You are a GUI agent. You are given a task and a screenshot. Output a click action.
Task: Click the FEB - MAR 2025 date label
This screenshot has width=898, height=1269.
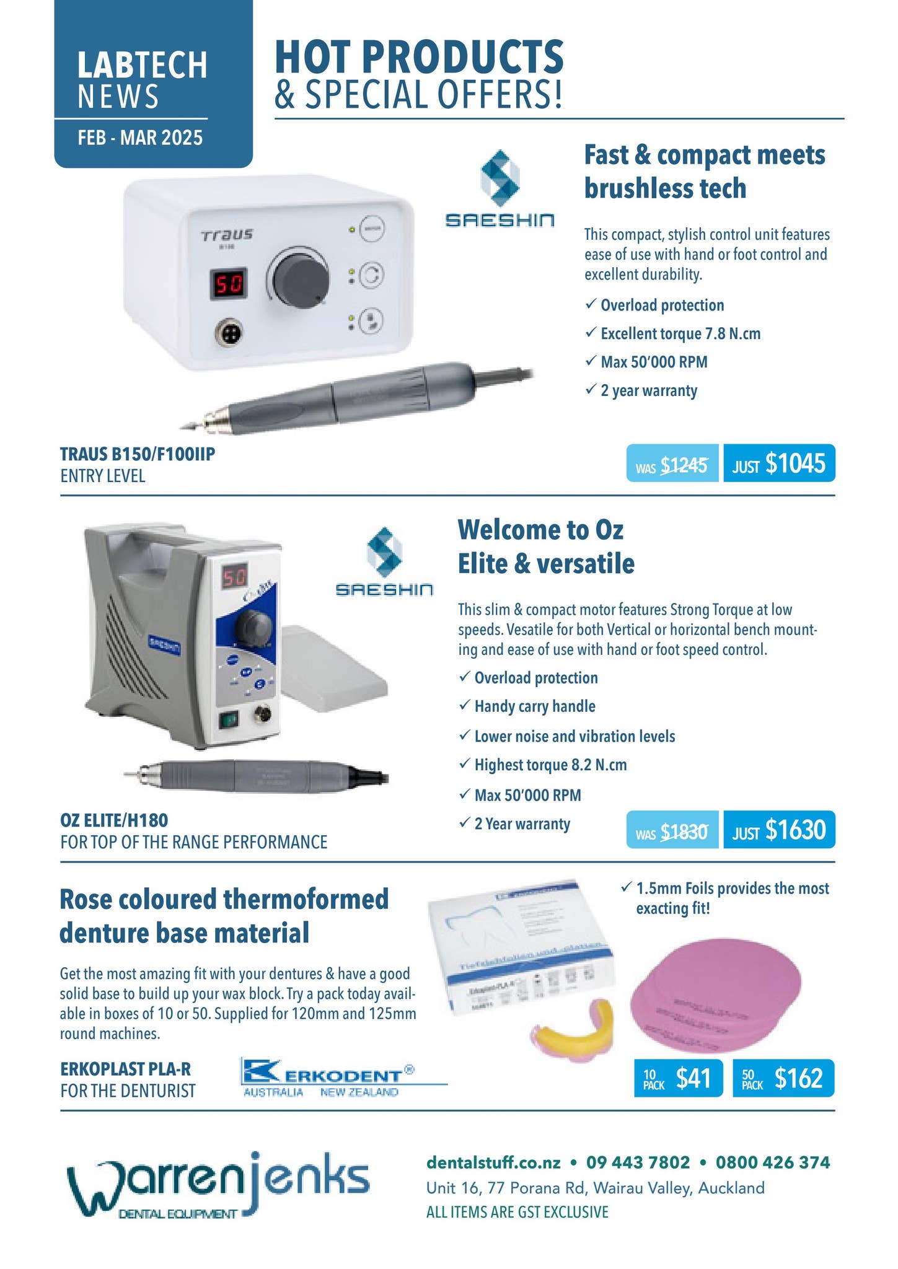pos(140,137)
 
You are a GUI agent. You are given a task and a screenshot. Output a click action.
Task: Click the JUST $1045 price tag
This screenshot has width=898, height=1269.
pos(778,463)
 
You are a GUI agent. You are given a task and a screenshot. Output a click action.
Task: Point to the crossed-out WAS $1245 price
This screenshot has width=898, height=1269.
pos(672,464)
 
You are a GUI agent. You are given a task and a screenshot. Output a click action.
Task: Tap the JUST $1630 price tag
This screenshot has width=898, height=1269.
pos(778,830)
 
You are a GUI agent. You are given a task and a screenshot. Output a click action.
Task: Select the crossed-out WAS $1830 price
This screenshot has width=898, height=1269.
pos(672,830)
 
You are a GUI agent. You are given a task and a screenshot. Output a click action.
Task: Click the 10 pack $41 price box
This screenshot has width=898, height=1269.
pos(678,1079)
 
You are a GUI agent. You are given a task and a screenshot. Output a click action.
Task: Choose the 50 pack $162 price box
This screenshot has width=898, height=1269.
pos(783,1079)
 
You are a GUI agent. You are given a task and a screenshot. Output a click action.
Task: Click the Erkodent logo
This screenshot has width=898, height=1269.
pos(328,1077)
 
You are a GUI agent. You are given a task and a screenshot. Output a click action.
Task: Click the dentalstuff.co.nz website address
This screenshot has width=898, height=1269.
pos(493,1162)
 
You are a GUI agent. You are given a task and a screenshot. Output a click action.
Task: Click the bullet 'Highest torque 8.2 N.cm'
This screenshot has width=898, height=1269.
pos(550,765)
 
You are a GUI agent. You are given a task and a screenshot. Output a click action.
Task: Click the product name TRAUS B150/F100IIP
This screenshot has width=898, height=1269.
pos(138,454)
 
